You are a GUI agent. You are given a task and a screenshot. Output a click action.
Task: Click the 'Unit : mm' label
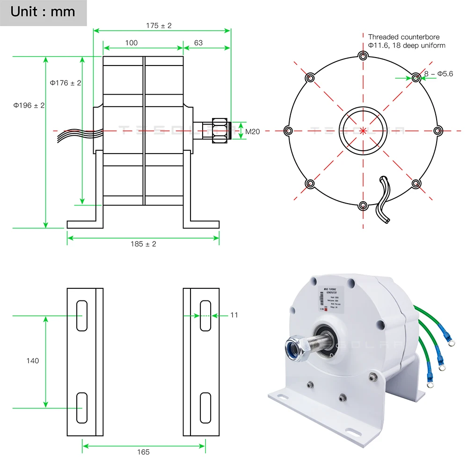[x=43, y=12]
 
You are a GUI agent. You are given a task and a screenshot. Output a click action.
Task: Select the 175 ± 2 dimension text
[x=159, y=26]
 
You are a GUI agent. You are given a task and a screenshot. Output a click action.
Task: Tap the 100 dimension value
[x=132, y=43]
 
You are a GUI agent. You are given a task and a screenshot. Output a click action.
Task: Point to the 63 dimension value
[x=198, y=43]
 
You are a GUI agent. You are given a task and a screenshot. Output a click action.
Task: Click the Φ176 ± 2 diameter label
[x=66, y=83]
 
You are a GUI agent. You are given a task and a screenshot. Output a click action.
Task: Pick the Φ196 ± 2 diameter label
[x=29, y=105]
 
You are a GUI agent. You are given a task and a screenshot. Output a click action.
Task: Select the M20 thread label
[x=253, y=132]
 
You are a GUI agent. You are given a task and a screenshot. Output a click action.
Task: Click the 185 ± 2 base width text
[x=144, y=244]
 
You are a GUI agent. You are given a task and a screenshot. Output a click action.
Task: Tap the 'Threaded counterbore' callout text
[x=404, y=37]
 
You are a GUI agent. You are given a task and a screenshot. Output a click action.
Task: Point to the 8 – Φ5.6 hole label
[x=439, y=73]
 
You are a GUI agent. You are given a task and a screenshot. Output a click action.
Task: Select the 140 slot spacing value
[x=33, y=361]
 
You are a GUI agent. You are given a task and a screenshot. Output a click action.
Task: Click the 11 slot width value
[x=234, y=315]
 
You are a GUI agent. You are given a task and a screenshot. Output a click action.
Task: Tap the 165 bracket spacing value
[x=144, y=452]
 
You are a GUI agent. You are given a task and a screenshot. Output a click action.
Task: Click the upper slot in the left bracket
[x=82, y=315]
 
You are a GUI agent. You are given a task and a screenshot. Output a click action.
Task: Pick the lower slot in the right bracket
[x=205, y=408]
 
